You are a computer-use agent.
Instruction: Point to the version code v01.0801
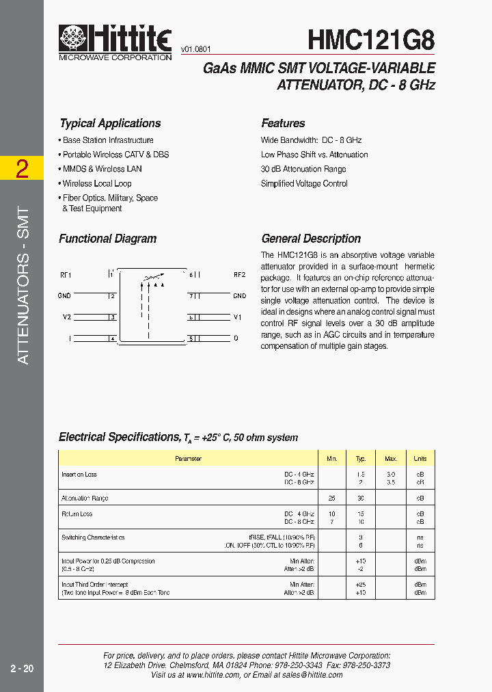pyautogui.click(x=196, y=49)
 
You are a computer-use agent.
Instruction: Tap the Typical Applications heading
pyautogui.click(x=110, y=123)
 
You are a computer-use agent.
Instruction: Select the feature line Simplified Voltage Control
pyautogui.click(x=304, y=183)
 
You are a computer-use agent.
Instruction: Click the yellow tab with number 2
pyautogui.click(x=22, y=169)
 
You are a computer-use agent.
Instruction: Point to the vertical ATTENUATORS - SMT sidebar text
pyautogui.click(x=23, y=285)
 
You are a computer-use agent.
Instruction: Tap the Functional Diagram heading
pyautogui.click(x=107, y=239)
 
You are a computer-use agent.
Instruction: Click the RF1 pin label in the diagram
pyautogui.click(x=66, y=275)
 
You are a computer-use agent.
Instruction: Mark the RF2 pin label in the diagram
pyautogui.click(x=239, y=275)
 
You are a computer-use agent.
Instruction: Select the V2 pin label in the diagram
pyautogui.click(x=66, y=317)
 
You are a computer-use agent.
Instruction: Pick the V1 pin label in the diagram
pyautogui.click(x=238, y=317)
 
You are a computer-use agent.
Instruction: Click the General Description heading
pyautogui.click(x=311, y=239)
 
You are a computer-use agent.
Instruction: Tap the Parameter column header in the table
pyautogui.click(x=188, y=459)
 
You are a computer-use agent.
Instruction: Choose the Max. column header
pyautogui.click(x=391, y=459)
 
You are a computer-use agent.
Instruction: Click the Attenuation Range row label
pyautogui.click(x=85, y=498)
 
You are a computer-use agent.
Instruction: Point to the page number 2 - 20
pyautogui.click(x=22, y=669)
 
